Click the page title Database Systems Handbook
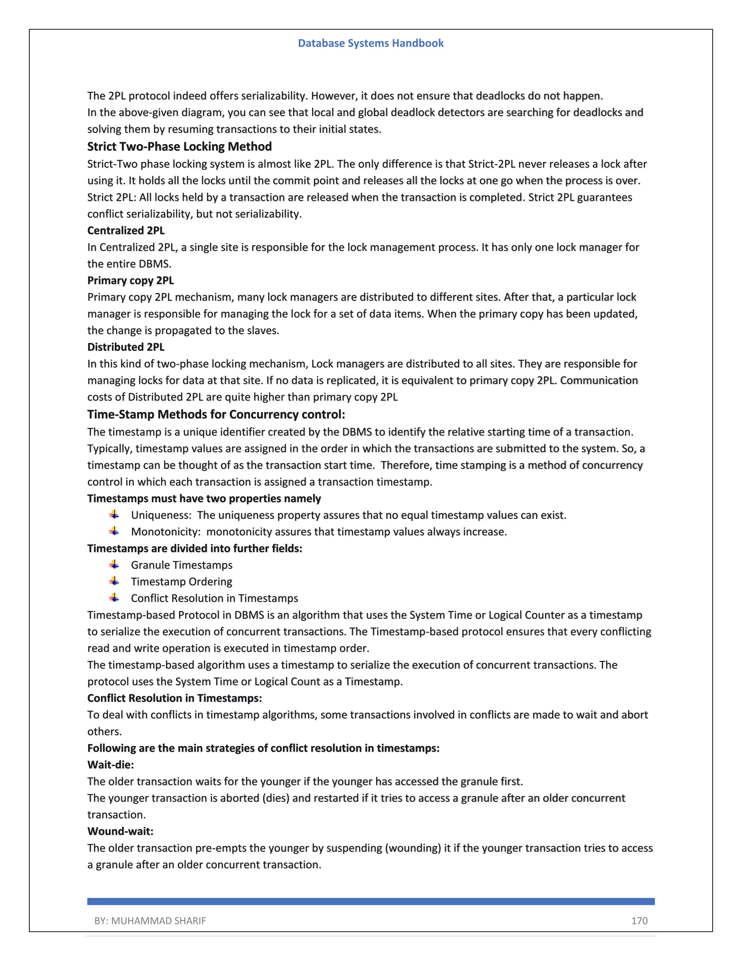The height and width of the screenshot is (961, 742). (371, 43)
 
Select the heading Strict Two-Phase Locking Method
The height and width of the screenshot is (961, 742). (179, 147)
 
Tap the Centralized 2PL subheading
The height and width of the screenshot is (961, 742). (126, 231)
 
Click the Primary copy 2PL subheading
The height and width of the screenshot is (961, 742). (130, 280)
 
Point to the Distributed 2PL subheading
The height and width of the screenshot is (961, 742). (126, 347)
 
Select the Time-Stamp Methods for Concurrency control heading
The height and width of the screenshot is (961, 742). (216, 414)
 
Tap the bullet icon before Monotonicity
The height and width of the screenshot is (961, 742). (114, 532)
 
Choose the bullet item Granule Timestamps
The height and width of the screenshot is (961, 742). (182, 565)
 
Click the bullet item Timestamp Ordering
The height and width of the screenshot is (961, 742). (181, 582)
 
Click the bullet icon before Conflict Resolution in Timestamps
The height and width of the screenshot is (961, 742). (114, 598)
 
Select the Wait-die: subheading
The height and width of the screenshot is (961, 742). (111, 765)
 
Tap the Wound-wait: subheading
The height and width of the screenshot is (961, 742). (120, 831)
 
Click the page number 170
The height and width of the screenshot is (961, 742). (639, 921)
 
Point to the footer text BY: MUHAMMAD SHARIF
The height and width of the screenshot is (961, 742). (150, 921)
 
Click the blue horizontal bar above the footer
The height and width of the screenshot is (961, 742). (371, 902)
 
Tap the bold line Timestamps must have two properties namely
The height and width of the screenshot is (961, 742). (204, 499)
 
